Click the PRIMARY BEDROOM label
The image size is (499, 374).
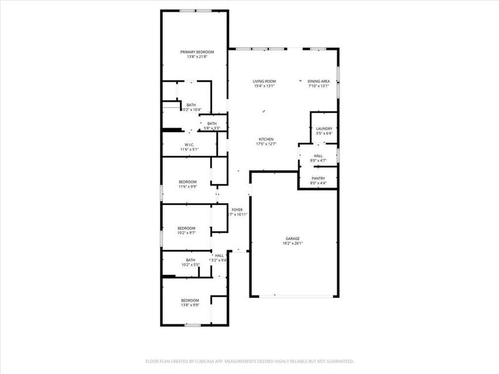click(197, 52)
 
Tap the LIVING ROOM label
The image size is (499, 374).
click(264, 81)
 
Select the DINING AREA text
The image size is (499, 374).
click(318, 81)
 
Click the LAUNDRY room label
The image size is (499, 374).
click(324, 128)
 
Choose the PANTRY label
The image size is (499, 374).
click(318, 178)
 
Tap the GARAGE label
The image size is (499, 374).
click(293, 239)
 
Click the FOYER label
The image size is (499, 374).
click(237, 209)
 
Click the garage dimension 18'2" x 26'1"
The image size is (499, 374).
click(293, 244)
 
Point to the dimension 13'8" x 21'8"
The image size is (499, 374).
click(197, 57)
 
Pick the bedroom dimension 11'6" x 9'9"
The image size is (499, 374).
click(188, 186)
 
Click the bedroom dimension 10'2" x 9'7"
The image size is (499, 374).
click(186, 233)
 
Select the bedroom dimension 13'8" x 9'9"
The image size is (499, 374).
click(190, 305)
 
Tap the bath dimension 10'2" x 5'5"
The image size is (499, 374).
click(190, 265)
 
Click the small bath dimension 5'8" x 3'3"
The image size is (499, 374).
click(212, 128)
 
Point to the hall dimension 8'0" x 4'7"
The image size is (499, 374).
click(318, 161)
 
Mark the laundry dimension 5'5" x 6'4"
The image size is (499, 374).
click(324, 133)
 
